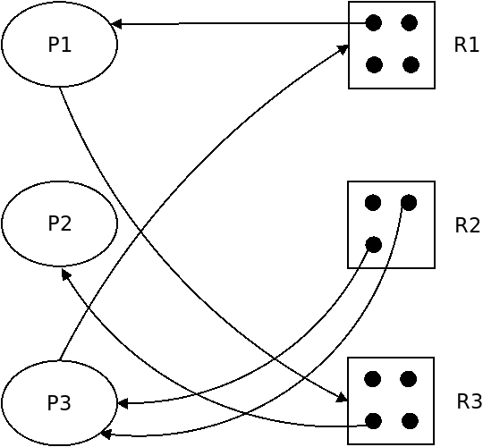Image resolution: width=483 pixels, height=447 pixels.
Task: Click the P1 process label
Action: pos(60,45)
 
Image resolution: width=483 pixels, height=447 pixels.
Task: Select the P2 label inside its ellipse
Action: pos(60,223)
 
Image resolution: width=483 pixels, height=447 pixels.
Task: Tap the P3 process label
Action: pos(59,402)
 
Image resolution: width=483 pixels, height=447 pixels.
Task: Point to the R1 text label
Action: pos(466,45)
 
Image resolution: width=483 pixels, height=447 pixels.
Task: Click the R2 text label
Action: pos(467,225)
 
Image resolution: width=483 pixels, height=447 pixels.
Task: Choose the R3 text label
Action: pos(469,401)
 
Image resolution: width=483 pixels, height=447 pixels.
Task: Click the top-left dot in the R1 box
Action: pos(374,22)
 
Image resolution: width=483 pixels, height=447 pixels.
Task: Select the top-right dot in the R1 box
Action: pos(410,22)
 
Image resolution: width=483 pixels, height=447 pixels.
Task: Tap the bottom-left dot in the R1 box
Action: pos(374,65)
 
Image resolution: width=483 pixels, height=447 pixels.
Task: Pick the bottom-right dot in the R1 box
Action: pos(411,65)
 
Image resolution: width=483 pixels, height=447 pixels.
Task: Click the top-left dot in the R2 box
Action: pos(373,203)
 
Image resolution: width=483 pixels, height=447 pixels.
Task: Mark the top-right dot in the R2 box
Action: pos(409,203)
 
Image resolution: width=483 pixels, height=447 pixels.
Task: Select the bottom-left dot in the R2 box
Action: pos(373,245)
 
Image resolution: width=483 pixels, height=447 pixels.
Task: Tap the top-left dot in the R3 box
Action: pos(372,379)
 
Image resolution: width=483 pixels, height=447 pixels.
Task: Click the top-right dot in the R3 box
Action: pos(409,379)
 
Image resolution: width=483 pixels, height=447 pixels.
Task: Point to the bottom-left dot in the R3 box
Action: pos(373,421)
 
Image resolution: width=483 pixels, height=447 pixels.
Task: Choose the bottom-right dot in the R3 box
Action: pos(410,421)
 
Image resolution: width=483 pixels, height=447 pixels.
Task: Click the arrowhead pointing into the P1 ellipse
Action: pos(115,24)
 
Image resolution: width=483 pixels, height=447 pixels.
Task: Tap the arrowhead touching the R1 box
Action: pos(343,48)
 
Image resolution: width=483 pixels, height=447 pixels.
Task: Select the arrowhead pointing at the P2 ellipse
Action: pos(65,274)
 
